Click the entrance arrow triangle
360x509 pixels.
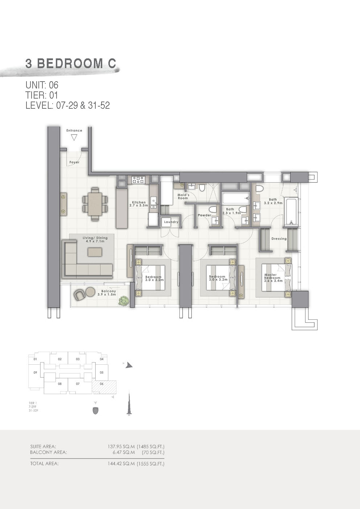(74, 137)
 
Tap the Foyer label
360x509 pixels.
(74, 162)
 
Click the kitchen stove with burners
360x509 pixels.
(138, 179)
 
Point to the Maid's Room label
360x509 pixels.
(183, 196)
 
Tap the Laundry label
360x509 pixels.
(171, 222)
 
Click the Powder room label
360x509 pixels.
(204, 215)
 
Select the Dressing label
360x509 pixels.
(279, 239)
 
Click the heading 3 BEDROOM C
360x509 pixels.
(71, 63)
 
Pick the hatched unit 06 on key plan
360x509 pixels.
(104, 386)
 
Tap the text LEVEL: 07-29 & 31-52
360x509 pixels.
(67, 105)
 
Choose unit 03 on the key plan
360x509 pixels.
(78, 359)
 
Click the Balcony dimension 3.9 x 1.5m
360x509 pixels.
(107, 295)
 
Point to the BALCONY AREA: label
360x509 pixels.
(49, 452)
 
